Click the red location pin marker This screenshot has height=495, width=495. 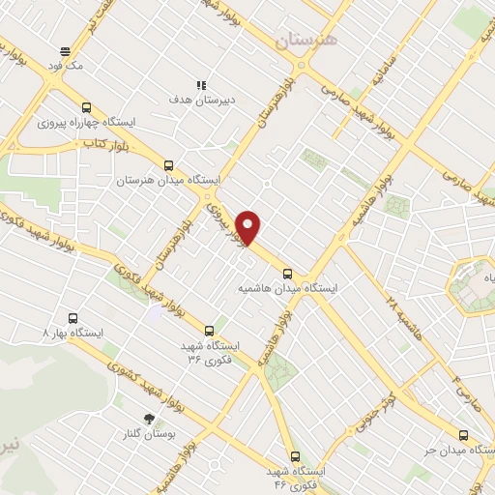click(x=249, y=226)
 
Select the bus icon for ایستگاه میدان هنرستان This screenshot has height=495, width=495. click(x=169, y=165)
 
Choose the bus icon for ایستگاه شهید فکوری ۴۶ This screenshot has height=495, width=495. click(x=295, y=456)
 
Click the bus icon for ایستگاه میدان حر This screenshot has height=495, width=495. click(x=463, y=435)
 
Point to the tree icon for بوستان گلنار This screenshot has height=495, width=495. click(x=148, y=418)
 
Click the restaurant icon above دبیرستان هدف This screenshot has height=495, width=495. click(x=200, y=85)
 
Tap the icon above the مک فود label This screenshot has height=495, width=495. click(x=66, y=51)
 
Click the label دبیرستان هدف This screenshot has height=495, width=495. click(x=200, y=100)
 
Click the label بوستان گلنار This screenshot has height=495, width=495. click(x=149, y=433)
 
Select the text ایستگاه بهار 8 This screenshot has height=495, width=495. click(x=74, y=332)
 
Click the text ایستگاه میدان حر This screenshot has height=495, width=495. click(x=453, y=451)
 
